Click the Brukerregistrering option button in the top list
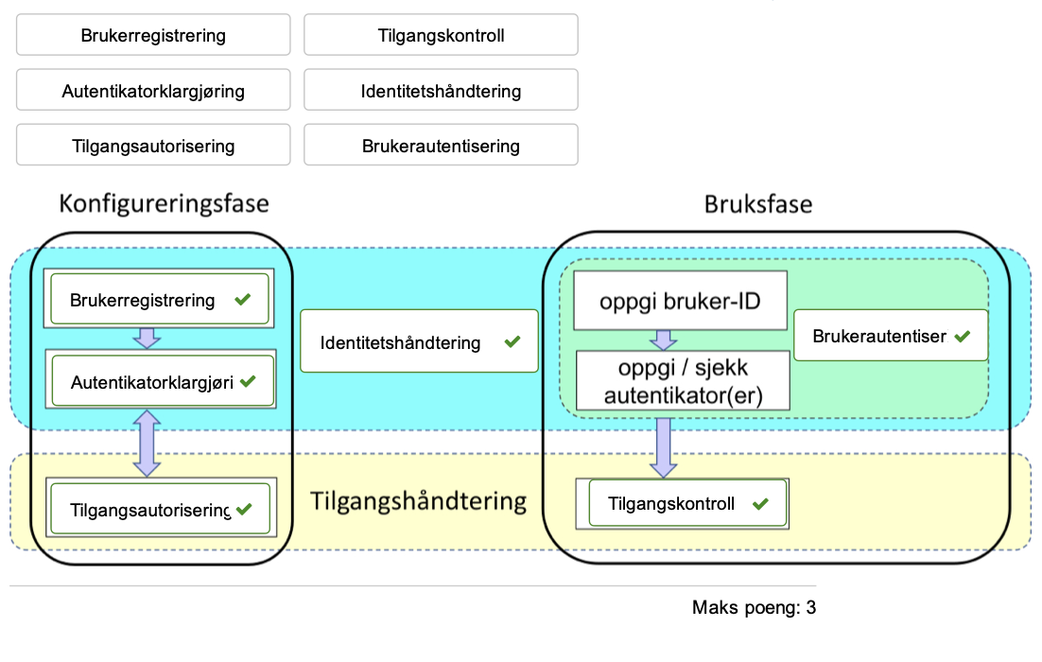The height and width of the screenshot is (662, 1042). click(153, 36)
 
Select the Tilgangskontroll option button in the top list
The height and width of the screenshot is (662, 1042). click(441, 36)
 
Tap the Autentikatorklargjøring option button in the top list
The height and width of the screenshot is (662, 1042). click(153, 92)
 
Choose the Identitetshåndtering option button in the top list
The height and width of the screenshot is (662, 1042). click(441, 92)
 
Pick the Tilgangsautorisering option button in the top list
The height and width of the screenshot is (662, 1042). click(153, 147)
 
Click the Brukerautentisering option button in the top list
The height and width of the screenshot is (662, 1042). click(441, 147)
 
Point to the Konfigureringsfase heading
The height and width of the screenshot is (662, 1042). click(164, 203)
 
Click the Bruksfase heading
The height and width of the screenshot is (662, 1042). click(757, 203)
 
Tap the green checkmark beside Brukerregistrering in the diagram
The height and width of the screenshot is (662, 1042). click(242, 300)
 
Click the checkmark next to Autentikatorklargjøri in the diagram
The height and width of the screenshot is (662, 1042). click(250, 381)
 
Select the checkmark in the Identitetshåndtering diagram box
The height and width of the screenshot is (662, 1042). click(512, 341)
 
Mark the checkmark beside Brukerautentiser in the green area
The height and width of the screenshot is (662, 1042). click(963, 335)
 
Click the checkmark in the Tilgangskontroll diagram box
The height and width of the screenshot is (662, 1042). click(758, 503)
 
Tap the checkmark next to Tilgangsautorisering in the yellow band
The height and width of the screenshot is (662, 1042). click(244, 509)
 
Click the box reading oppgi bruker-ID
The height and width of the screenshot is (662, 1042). click(680, 302)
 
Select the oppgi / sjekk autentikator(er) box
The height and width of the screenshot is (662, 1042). click(682, 380)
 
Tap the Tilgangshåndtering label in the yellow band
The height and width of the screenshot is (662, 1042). click(418, 501)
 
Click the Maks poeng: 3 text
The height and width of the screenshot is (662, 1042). click(753, 607)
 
